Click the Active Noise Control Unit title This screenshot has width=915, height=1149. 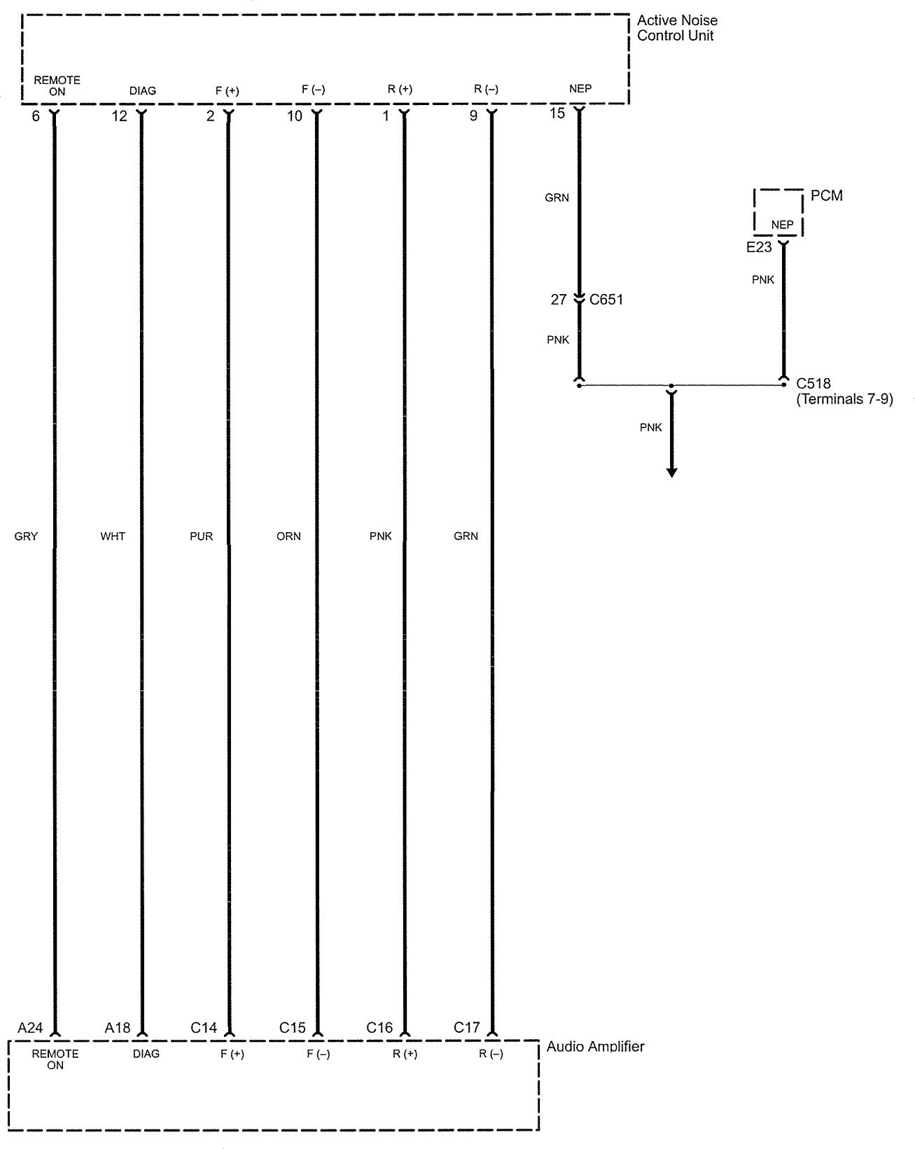[x=676, y=28]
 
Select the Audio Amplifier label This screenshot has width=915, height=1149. [x=595, y=1047]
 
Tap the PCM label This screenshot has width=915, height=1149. [x=826, y=195]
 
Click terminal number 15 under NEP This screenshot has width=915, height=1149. [x=557, y=113]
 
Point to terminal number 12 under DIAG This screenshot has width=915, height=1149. [x=120, y=116]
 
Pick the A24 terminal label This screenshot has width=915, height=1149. [x=30, y=1028]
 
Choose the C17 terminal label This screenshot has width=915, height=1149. [x=467, y=1028]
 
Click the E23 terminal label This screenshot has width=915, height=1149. [x=759, y=247]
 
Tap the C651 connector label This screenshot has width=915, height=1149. [x=606, y=300]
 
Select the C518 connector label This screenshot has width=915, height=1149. [x=813, y=384]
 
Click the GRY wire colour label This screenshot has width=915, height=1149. [x=26, y=536]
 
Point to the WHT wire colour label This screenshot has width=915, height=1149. [x=113, y=536]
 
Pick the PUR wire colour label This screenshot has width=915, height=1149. [x=201, y=536]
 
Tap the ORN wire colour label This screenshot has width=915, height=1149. [x=288, y=536]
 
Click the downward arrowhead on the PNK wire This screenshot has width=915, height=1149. [x=671, y=472]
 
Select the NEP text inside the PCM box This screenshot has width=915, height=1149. [x=782, y=225]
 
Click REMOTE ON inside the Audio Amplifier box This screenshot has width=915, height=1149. [x=55, y=1059]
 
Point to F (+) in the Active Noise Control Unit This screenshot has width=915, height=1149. [x=227, y=90]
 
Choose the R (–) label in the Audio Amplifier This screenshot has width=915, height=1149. [x=491, y=1054]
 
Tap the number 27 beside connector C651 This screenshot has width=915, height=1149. [x=558, y=300]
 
